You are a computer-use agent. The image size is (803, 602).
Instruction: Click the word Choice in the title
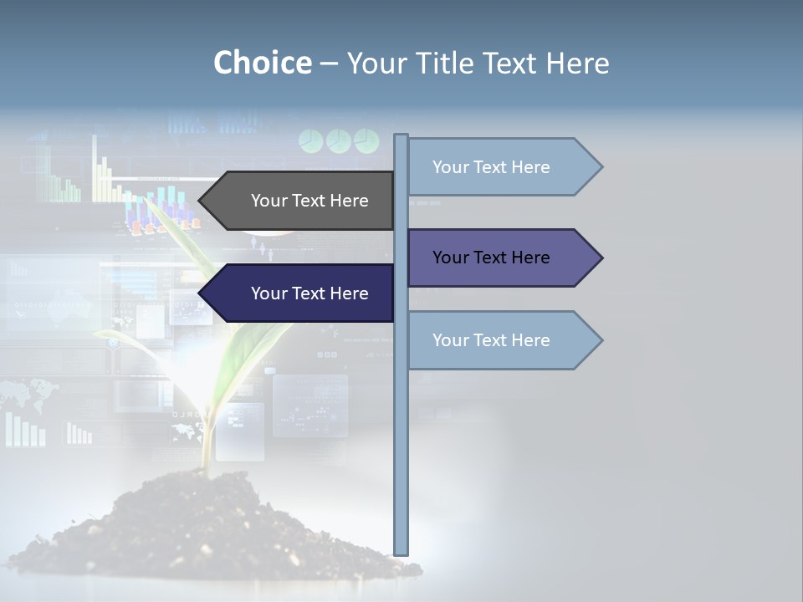[x=262, y=64]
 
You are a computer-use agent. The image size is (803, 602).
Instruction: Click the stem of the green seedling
[x=206, y=435]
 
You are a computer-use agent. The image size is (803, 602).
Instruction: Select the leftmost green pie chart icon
[x=311, y=141]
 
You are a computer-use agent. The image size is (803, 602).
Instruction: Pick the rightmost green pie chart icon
[x=366, y=141]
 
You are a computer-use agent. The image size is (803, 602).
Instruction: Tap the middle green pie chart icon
[x=339, y=141]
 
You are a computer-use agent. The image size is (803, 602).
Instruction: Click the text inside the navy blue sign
[x=309, y=293]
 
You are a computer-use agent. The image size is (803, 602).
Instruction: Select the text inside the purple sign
[x=491, y=258]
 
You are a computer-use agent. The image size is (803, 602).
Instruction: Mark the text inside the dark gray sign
[x=309, y=201]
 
